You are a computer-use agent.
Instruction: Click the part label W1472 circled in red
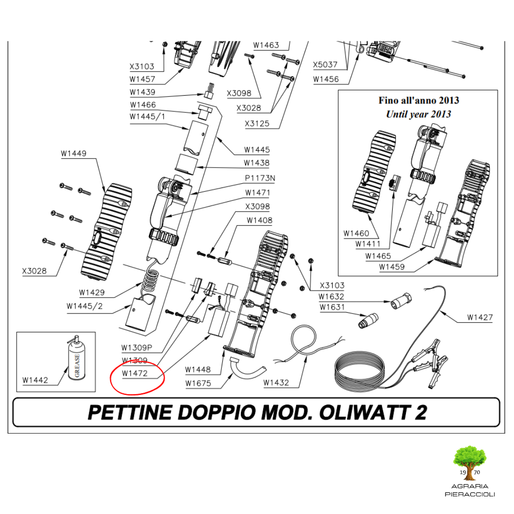[135, 374]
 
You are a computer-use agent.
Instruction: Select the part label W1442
[35, 380]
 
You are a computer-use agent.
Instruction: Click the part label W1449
[74, 153]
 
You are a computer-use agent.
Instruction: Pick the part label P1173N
[260, 178]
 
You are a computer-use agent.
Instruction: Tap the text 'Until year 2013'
[419, 114]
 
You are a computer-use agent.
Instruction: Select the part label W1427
[480, 317]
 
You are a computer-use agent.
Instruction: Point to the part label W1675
[198, 383]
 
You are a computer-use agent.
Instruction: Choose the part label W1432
[276, 383]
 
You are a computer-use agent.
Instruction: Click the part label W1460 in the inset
[356, 233]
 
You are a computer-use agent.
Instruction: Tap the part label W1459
[392, 267]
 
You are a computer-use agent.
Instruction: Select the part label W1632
[331, 297]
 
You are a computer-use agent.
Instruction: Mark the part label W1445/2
[85, 306]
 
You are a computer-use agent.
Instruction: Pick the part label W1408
[259, 220]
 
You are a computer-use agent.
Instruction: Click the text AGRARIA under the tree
[470, 486]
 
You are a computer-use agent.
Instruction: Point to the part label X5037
[325, 65]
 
